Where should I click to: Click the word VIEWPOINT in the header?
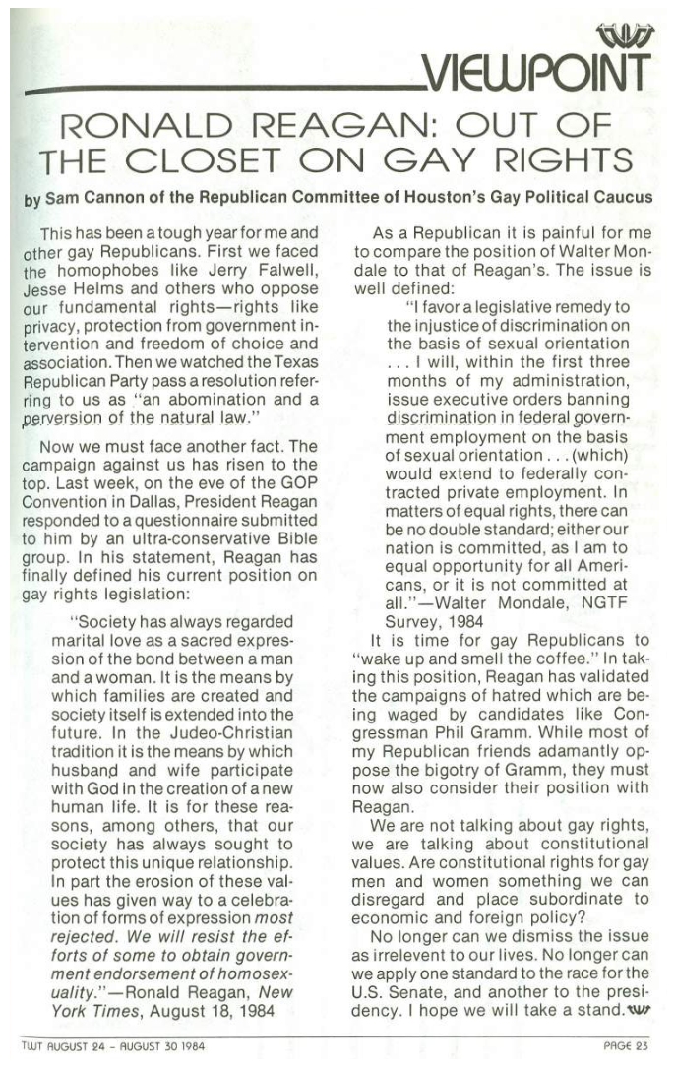(x=537, y=70)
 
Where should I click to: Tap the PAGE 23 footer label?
(x=625, y=1046)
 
